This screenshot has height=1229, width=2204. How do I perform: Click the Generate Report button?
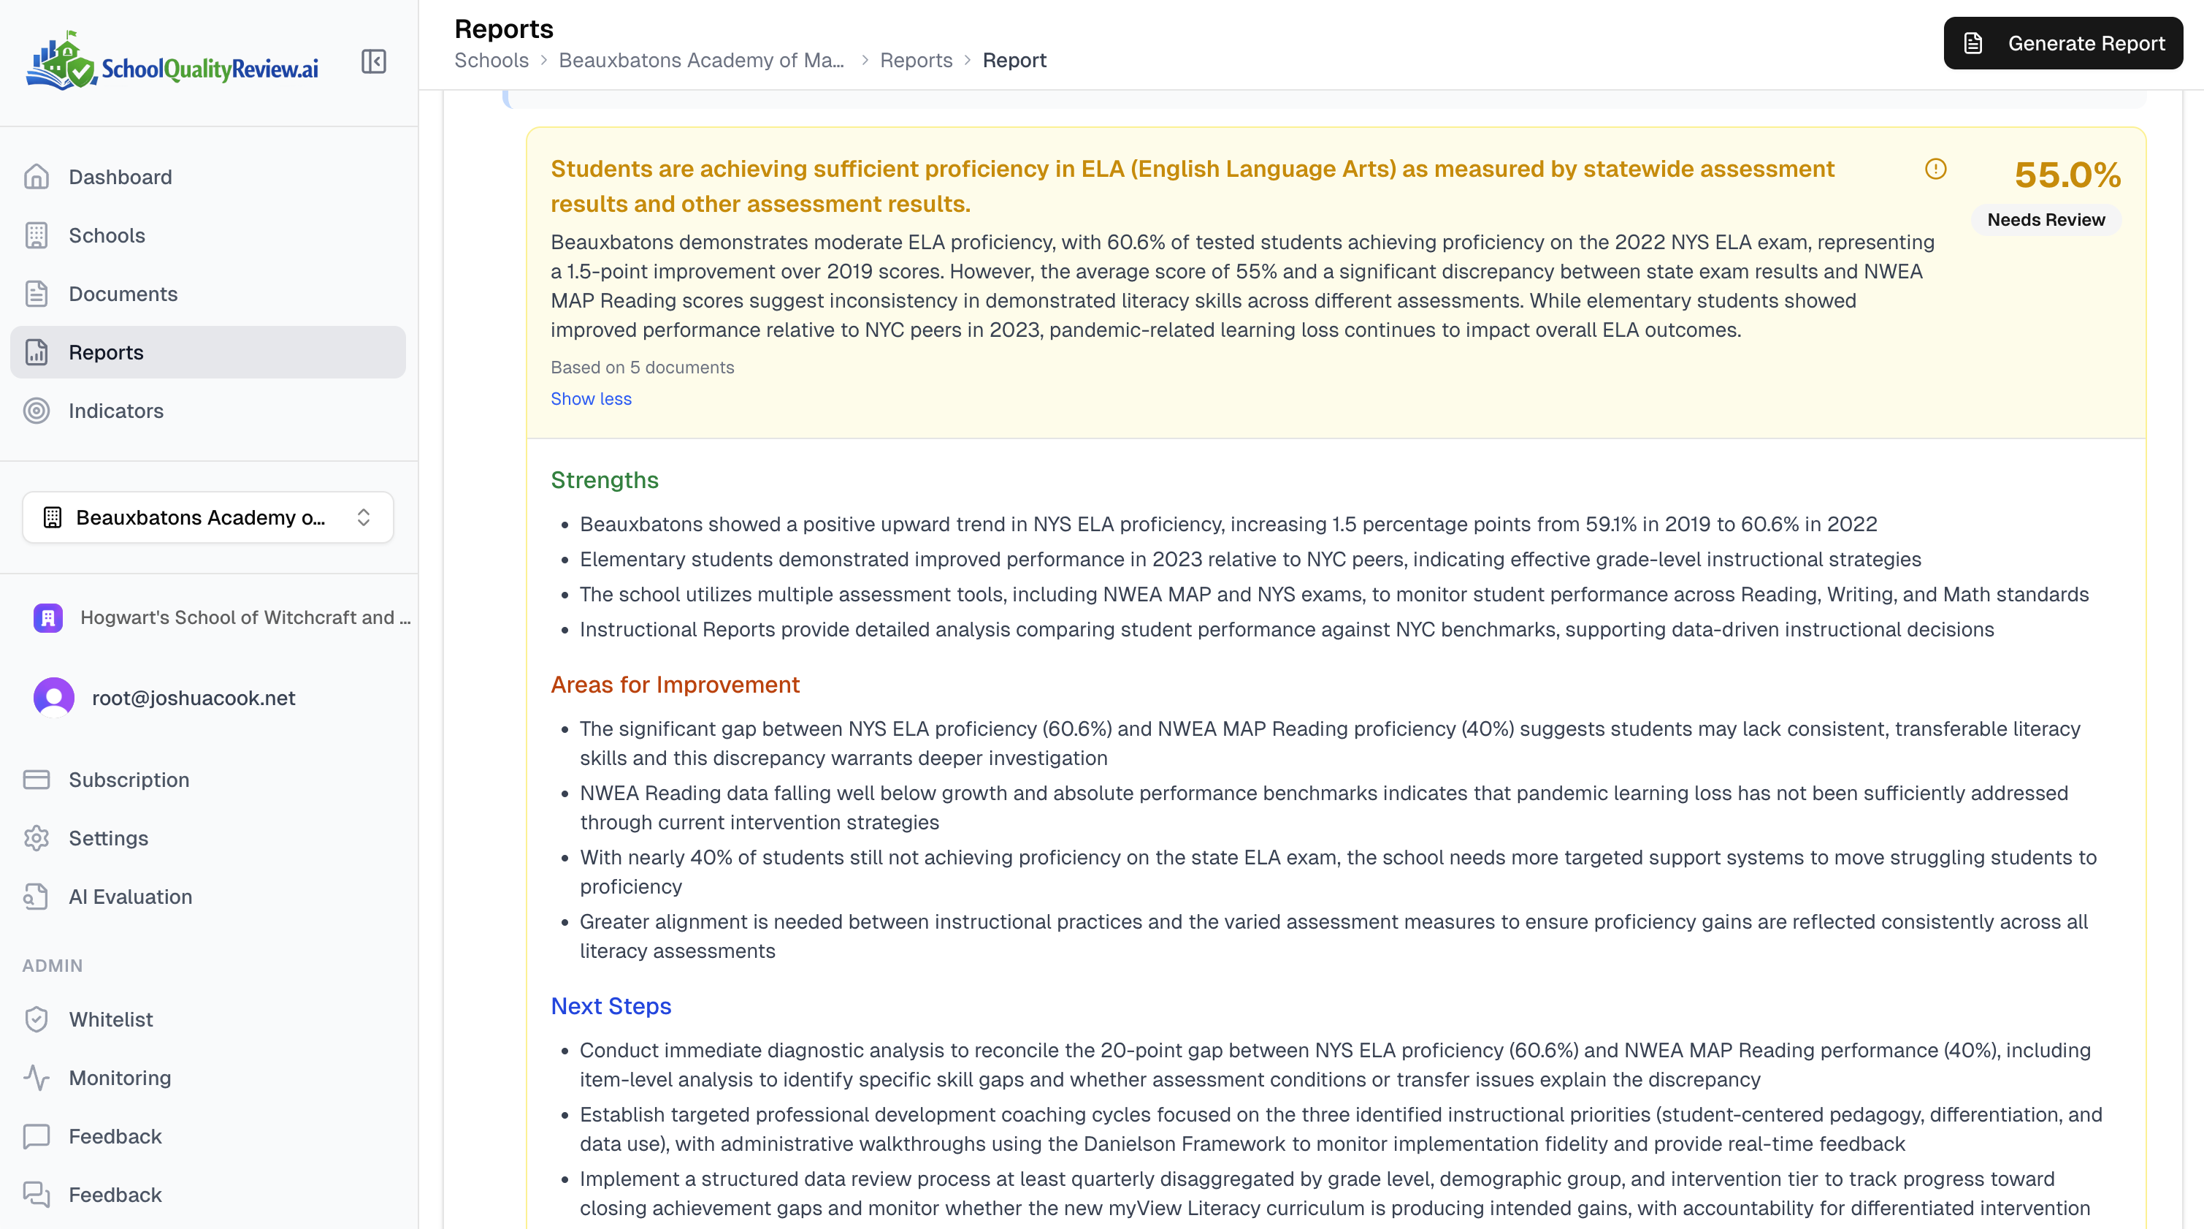coord(2062,43)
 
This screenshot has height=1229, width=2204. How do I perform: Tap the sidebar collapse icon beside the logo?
coord(374,61)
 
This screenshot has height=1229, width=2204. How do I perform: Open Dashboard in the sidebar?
coord(120,177)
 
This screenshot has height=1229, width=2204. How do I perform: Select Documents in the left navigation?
coord(123,294)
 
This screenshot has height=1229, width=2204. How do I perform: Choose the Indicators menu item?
coord(115,411)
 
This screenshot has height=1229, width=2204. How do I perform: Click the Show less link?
coord(590,399)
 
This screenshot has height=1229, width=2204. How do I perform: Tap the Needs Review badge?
coord(2046,220)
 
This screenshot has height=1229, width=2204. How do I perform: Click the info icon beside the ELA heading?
coord(1935,170)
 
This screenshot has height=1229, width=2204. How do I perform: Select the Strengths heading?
coord(604,480)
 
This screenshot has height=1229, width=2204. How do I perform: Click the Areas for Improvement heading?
coord(674,685)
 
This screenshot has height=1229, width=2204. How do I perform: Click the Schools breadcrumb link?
coord(491,61)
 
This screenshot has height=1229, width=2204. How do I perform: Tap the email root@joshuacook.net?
coord(194,699)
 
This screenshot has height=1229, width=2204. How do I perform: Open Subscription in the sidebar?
coord(129,780)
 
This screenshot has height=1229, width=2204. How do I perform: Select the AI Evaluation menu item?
coord(130,897)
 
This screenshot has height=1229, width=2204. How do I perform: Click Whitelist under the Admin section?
coord(110,1019)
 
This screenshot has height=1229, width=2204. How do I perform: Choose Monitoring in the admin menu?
coord(120,1078)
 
